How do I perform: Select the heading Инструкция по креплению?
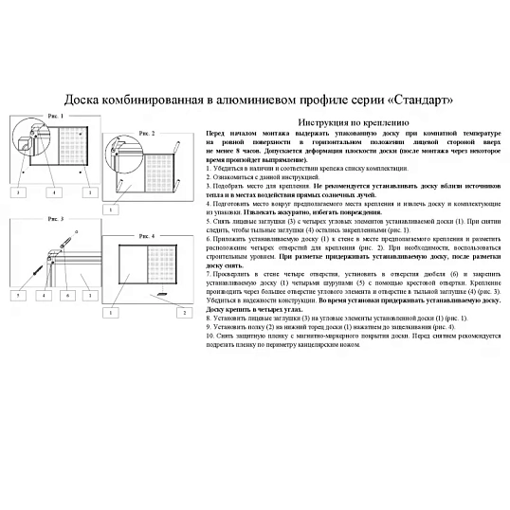(353, 123)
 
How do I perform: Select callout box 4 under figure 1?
(54, 191)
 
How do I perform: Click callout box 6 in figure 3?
(65, 296)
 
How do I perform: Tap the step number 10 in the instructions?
(210, 335)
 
